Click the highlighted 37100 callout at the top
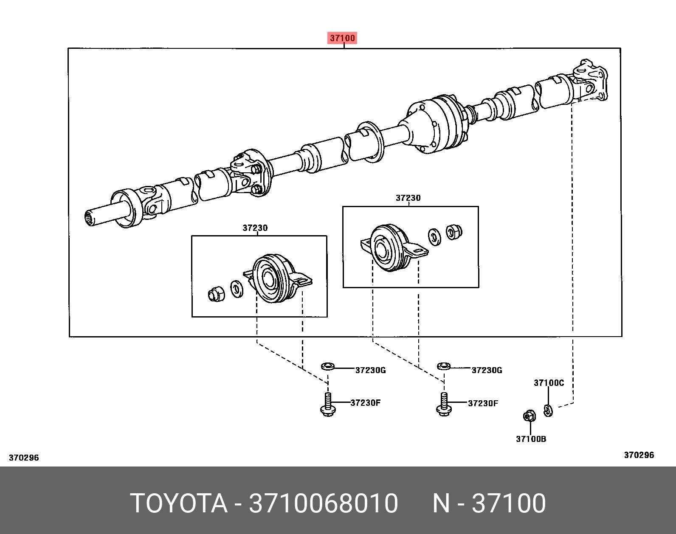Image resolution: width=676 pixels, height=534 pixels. click(x=342, y=38)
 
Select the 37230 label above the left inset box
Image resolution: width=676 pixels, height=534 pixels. click(x=255, y=228)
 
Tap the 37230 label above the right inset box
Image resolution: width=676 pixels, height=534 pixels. click(x=408, y=198)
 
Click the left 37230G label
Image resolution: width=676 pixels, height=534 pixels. click(x=370, y=370)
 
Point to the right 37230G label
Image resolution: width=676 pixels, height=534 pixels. click(x=487, y=370)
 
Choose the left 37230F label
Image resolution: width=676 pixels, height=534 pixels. click(x=365, y=403)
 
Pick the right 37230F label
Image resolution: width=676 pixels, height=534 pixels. click(x=483, y=403)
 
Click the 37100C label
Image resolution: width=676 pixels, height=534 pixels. click(x=549, y=383)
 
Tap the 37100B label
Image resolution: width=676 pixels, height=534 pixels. click(x=531, y=439)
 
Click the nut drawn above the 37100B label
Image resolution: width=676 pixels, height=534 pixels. click(x=529, y=416)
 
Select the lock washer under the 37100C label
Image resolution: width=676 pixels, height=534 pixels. click(x=548, y=410)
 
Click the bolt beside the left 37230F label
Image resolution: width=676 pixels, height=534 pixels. click(x=327, y=405)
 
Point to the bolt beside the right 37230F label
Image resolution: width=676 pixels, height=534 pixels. click(x=444, y=405)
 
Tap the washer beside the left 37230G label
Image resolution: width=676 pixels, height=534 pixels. click(x=327, y=365)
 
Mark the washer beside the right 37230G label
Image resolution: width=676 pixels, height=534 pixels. click(x=444, y=365)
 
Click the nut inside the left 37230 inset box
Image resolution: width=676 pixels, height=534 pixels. click(x=217, y=294)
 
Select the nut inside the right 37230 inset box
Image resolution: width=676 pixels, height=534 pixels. click(x=453, y=232)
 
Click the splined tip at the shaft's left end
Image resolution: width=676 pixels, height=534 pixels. click(x=90, y=218)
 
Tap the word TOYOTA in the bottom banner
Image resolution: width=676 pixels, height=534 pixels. click(x=179, y=503)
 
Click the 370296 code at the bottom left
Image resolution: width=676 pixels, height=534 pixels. click(x=24, y=458)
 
